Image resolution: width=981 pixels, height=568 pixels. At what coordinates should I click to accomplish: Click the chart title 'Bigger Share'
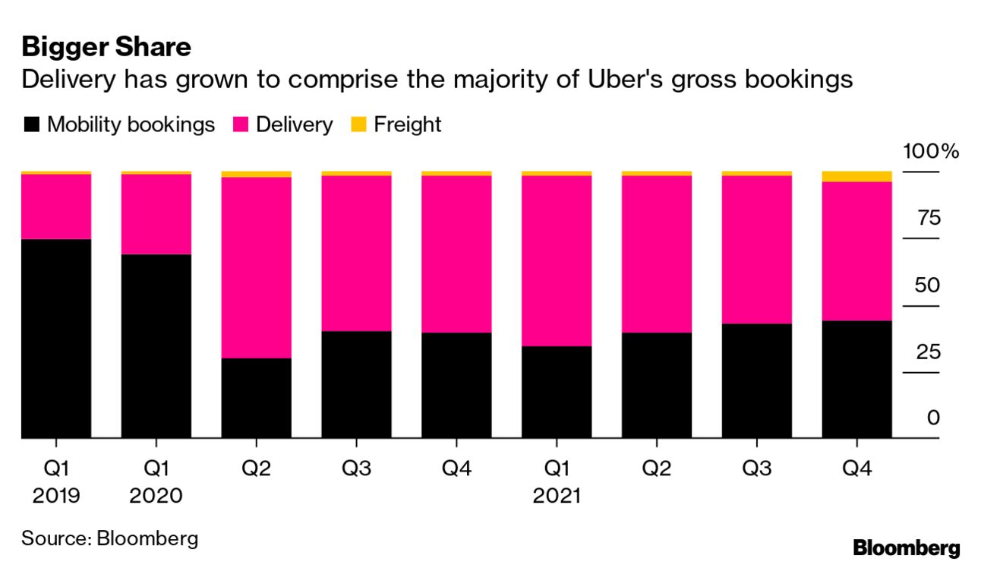coord(106,47)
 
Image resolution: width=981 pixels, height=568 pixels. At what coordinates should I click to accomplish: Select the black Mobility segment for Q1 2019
coord(56,339)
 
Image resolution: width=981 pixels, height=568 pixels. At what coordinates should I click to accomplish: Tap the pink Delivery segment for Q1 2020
coord(156,214)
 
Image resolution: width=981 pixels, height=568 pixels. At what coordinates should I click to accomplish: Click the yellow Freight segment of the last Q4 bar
coord(857,177)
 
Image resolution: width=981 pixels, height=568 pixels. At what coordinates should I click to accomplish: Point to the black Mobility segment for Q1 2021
coord(557,392)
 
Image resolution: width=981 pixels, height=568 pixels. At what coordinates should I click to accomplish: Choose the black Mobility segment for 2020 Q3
coord(357,384)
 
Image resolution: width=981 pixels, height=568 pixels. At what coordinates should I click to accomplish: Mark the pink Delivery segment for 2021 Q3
coord(757,249)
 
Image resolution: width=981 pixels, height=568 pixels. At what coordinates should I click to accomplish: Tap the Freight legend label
coord(407,125)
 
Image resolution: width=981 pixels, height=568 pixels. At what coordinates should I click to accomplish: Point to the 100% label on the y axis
coord(931,151)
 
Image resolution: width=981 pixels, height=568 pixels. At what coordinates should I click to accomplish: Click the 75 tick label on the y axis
coord(929,219)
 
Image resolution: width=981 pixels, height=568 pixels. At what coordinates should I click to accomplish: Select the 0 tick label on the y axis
coord(933,418)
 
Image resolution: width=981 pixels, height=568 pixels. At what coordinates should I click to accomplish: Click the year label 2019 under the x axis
coord(56,496)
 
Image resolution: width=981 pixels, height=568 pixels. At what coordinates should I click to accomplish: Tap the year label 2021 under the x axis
coord(557,496)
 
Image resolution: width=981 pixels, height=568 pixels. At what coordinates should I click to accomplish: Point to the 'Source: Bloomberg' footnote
coord(110,539)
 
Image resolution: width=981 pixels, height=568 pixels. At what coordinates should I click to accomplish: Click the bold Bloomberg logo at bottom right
coord(907,547)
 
